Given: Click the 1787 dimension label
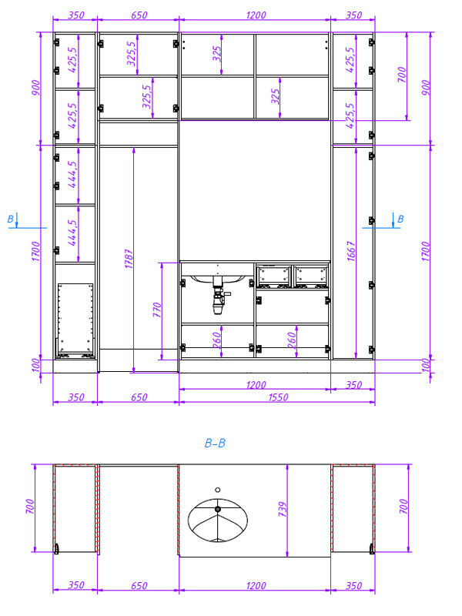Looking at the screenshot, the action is pos(129,259).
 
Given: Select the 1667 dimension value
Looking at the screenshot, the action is pos(351,252).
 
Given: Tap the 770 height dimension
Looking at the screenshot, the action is pos(157,310).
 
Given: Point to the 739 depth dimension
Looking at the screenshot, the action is pos(283,509).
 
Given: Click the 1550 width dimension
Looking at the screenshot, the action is pos(278,397).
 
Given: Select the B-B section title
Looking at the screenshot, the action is pos(216,444).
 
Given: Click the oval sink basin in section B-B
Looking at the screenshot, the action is pos(218,520).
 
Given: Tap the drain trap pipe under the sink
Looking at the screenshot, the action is pos(219,296).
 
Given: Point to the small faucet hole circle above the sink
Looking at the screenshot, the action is pos(218,490).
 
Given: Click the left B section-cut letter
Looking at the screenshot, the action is pos(11,219).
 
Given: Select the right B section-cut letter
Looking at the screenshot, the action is pos(400,219).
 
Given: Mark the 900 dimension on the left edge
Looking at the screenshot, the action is pos(35,88).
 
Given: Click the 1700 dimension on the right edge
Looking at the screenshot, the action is pos(426,252).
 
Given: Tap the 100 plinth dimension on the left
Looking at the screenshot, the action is pos(35,365).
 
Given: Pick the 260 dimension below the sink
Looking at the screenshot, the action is pos(217,340).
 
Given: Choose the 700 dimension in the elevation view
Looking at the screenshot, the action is pos(401,75).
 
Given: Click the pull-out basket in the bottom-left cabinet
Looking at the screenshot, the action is pos(75,320).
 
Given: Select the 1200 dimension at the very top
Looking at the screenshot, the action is pos(256,15).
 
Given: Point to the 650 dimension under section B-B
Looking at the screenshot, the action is pos(139,586).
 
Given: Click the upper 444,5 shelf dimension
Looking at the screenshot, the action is pos(72,175).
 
